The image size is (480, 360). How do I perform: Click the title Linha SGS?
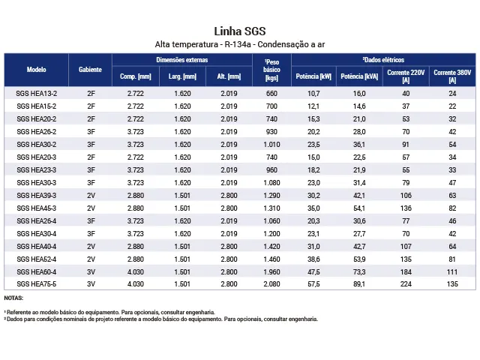[x=240, y=31]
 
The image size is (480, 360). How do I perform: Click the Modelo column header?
[x=37, y=70]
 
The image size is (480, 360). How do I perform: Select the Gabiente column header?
[x=90, y=70]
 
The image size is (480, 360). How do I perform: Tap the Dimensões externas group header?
[x=182, y=60]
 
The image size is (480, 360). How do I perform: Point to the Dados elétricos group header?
[x=383, y=60]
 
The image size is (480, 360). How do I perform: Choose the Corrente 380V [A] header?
[x=452, y=76]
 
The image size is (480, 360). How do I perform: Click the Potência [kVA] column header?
[x=359, y=76]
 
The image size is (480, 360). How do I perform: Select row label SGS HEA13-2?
[x=37, y=94]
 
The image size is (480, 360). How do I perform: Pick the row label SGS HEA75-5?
[x=37, y=284]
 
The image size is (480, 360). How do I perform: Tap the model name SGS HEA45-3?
[x=37, y=208]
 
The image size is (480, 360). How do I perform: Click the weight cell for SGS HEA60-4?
[x=271, y=272]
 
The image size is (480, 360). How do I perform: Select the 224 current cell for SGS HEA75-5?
[x=406, y=284]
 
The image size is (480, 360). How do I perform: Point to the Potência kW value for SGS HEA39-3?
[x=313, y=196]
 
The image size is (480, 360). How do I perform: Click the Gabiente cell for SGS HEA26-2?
[x=91, y=132]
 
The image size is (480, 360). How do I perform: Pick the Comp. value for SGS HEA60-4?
[x=136, y=272]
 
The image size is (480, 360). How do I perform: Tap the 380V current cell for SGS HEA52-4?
[x=452, y=259]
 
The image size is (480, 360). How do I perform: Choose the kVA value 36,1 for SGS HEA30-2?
[x=359, y=145]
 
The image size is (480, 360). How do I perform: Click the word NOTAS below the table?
[x=13, y=298]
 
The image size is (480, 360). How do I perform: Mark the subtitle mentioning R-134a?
[x=240, y=45]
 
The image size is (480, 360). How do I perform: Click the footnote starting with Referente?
[x=109, y=312]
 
